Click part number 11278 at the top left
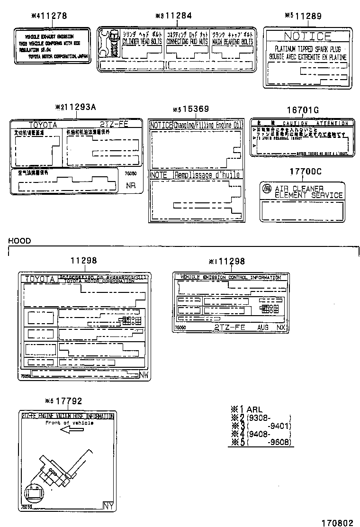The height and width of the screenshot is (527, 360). (x=53, y=16)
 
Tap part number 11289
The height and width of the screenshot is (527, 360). (x=308, y=16)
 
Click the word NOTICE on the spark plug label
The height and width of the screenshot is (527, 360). (x=307, y=36)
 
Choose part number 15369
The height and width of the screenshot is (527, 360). (x=196, y=109)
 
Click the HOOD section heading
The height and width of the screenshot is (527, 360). (x=19, y=241)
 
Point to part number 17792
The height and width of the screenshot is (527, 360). (x=69, y=401)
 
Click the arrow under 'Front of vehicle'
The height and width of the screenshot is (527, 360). (x=72, y=430)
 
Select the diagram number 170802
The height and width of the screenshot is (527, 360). (x=337, y=519)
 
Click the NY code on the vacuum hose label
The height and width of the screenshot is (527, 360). (x=109, y=506)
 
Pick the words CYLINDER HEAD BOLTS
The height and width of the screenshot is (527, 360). (x=142, y=42)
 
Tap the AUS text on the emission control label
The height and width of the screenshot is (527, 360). (x=262, y=327)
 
